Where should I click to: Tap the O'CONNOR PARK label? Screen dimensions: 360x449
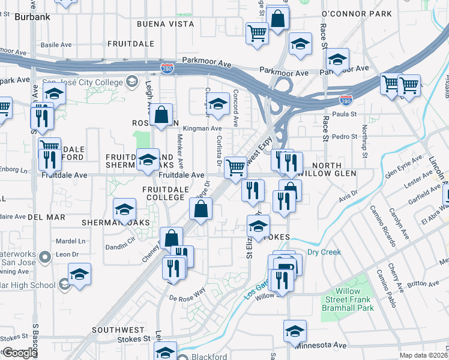357,14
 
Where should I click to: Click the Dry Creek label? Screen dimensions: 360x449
324,252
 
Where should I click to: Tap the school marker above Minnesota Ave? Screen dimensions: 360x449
295,331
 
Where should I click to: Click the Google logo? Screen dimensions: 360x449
19,353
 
